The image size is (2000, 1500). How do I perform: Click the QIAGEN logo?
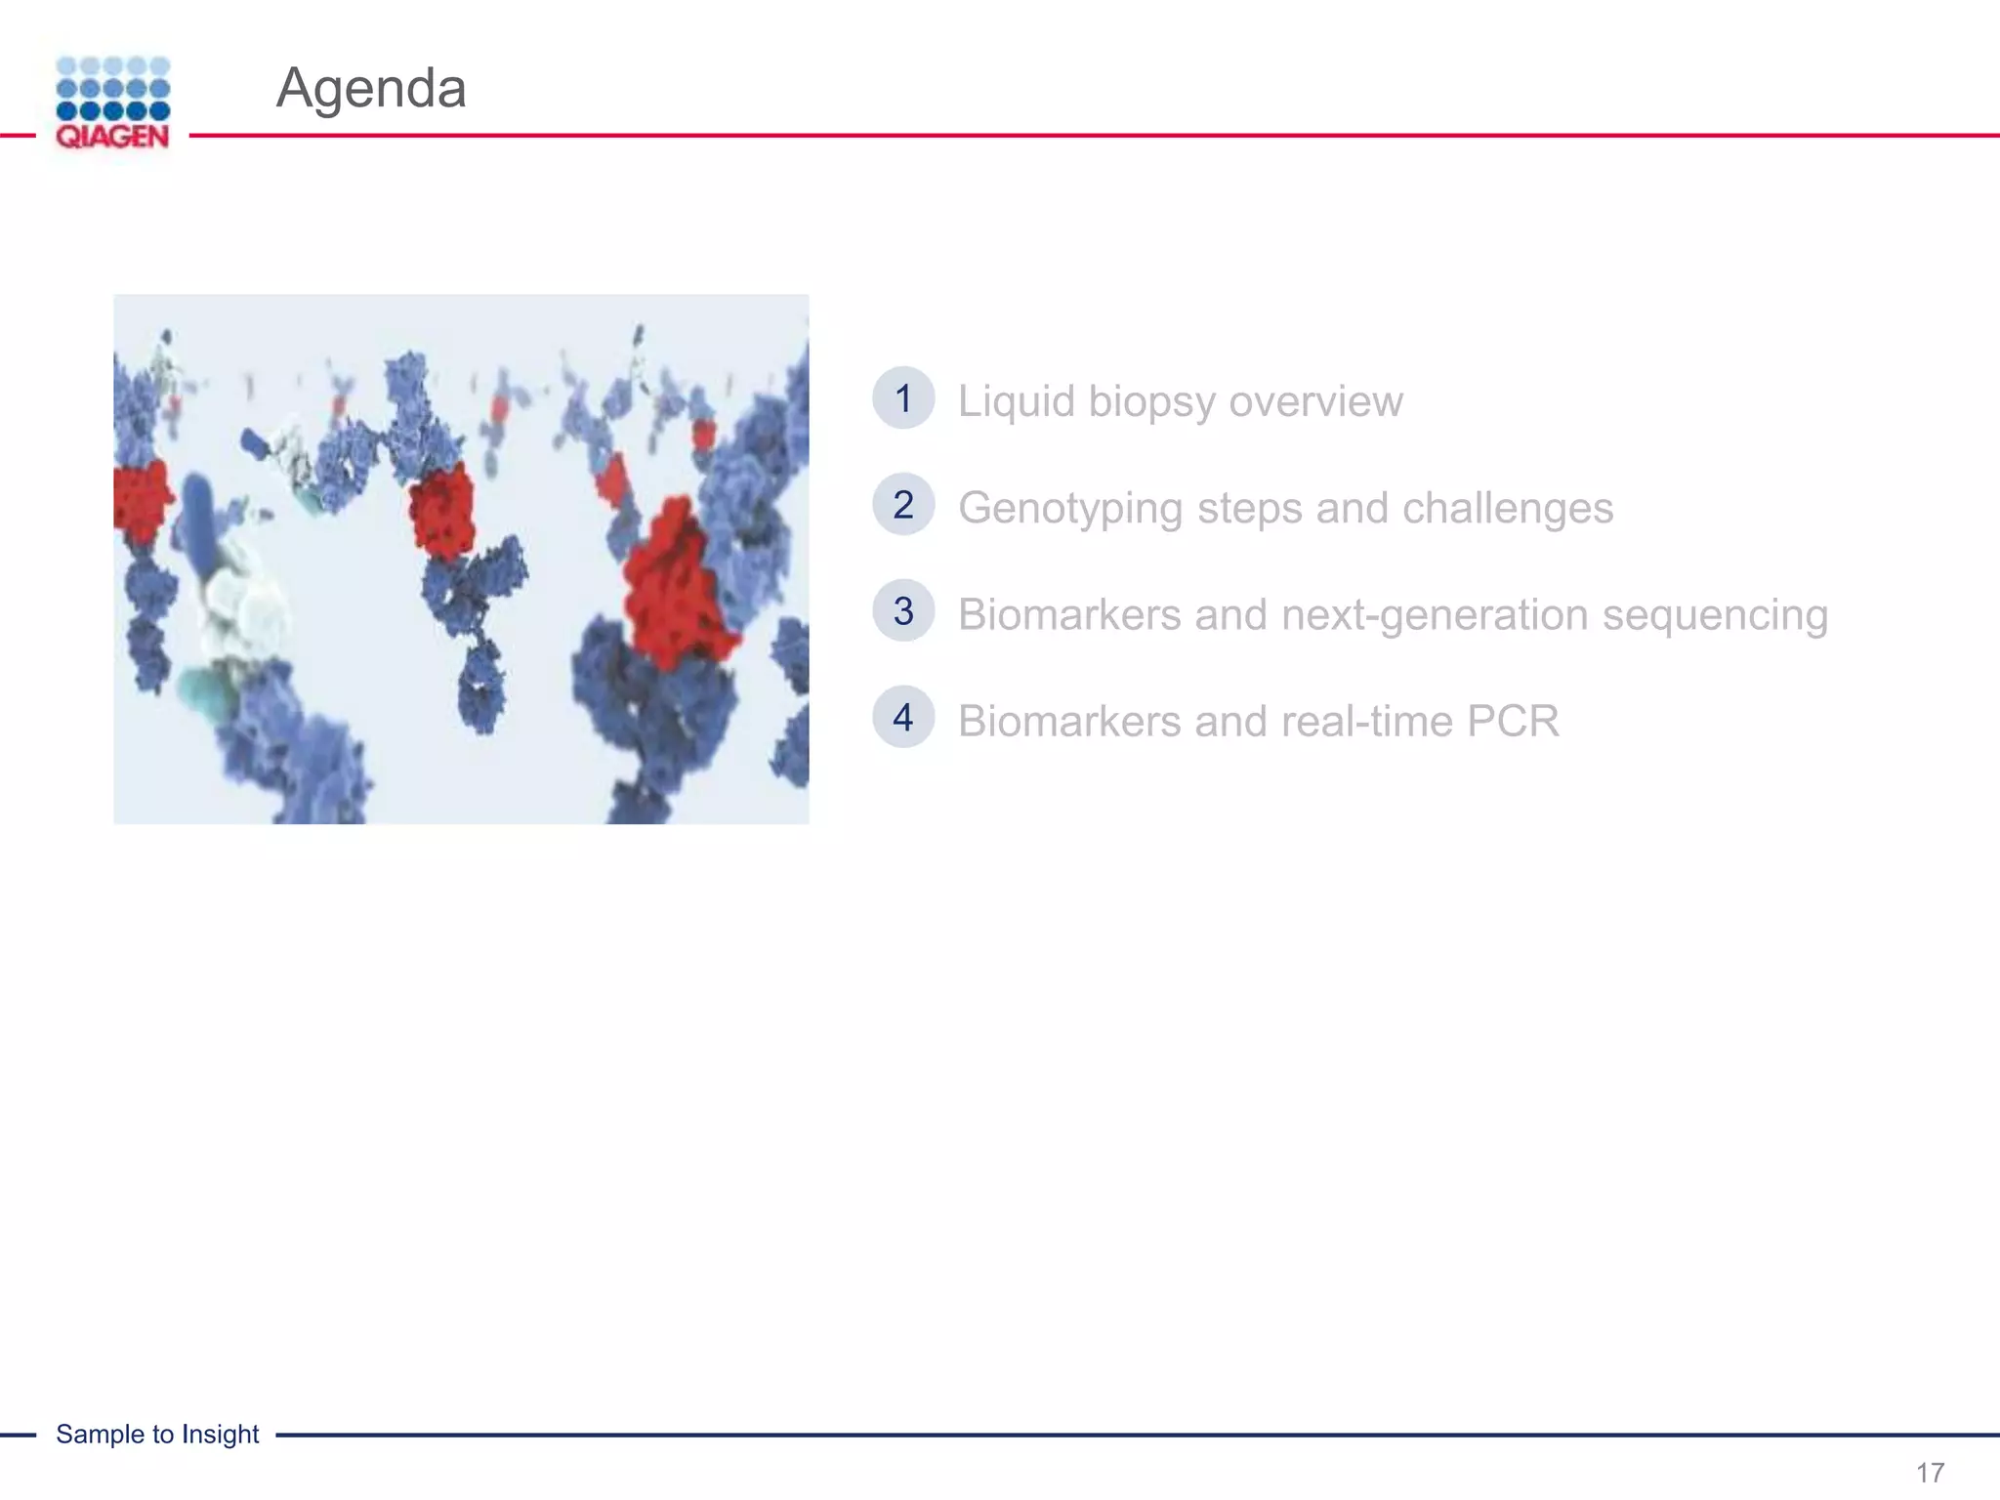pos(112,103)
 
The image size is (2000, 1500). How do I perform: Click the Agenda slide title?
pos(371,88)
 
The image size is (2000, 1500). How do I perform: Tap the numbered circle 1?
pos(903,398)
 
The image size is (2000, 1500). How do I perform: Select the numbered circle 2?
pos(903,505)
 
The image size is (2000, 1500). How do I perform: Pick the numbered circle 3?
pos(903,611)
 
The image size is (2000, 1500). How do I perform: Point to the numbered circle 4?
pos(903,718)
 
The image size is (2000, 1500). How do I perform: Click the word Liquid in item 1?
pos(1016,401)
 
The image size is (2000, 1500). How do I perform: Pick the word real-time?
pos(1356,722)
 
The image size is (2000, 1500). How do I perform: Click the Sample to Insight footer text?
pos(157,1434)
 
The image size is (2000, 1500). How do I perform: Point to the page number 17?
pos(1930,1473)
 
